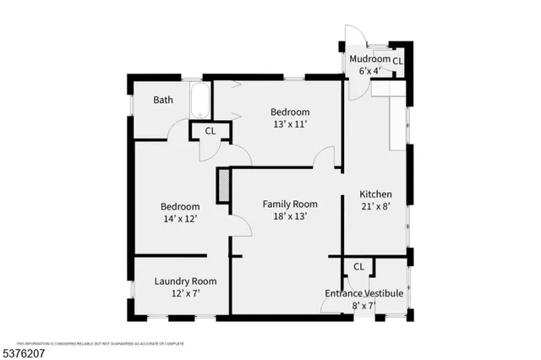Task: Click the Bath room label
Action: coord(163,100)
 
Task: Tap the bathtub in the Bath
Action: coord(200,102)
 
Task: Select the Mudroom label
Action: coord(370,60)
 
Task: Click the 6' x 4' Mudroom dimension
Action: coord(370,71)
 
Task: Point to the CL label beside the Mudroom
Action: coord(397,61)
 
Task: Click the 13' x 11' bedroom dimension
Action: coord(289,124)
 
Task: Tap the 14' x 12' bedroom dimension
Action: coord(181,219)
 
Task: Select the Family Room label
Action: coord(289,204)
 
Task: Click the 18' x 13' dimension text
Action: coord(289,215)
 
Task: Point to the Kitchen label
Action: coord(375,194)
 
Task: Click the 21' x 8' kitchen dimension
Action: coord(375,206)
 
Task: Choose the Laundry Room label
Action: coord(185,281)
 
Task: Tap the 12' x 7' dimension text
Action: coord(185,293)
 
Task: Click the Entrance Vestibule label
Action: coord(363,293)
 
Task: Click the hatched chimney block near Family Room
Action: coord(224,186)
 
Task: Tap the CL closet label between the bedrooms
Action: coord(210,131)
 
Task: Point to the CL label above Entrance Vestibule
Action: coord(358,266)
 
